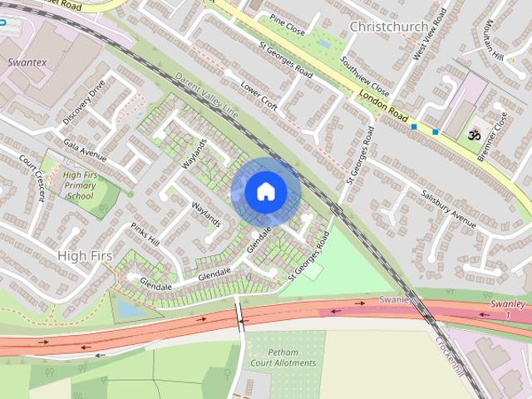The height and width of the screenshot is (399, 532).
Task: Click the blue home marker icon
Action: [265, 191]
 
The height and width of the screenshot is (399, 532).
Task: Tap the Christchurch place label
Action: [388, 27]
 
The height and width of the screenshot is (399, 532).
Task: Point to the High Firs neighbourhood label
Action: [85, 255]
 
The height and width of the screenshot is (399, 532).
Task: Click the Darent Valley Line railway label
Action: [207, 94]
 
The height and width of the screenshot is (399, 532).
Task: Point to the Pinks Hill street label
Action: [145, 234]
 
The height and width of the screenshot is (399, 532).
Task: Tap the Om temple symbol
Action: [476, 134]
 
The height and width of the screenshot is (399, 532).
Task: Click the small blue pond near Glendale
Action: [128, 308]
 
